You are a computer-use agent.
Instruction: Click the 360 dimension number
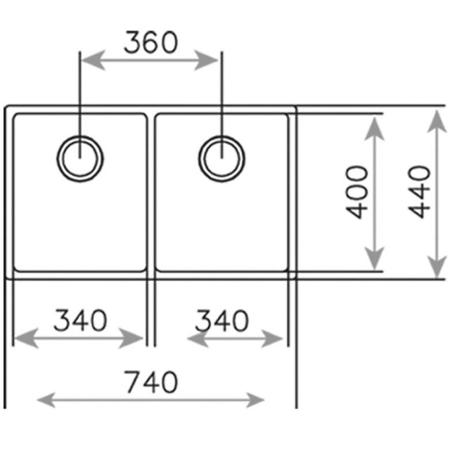point(151,42)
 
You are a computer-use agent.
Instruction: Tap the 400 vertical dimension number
point(357,192)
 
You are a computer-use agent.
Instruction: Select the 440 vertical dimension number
point(419,192)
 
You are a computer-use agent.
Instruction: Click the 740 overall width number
point(151,382)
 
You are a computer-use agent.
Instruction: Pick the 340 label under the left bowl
point(80,320)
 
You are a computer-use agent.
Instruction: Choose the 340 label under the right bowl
point(222,321)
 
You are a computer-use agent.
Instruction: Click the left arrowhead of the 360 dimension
point(93,61)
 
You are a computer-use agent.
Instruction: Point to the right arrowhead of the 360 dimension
point(206,61)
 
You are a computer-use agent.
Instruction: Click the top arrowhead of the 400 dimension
point(374,128)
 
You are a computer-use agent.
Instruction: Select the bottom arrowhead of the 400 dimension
point(374,258)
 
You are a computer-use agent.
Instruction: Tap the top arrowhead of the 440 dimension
point(437,121)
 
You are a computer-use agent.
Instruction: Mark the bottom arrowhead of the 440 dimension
point(437,267)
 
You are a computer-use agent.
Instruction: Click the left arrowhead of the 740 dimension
point(47,400)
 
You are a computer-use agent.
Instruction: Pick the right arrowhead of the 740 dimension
point(255,400)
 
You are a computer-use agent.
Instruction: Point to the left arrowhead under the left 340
point(26,338)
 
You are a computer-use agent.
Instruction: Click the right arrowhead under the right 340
point(272,338)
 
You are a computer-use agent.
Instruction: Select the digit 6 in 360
point(151,42)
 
